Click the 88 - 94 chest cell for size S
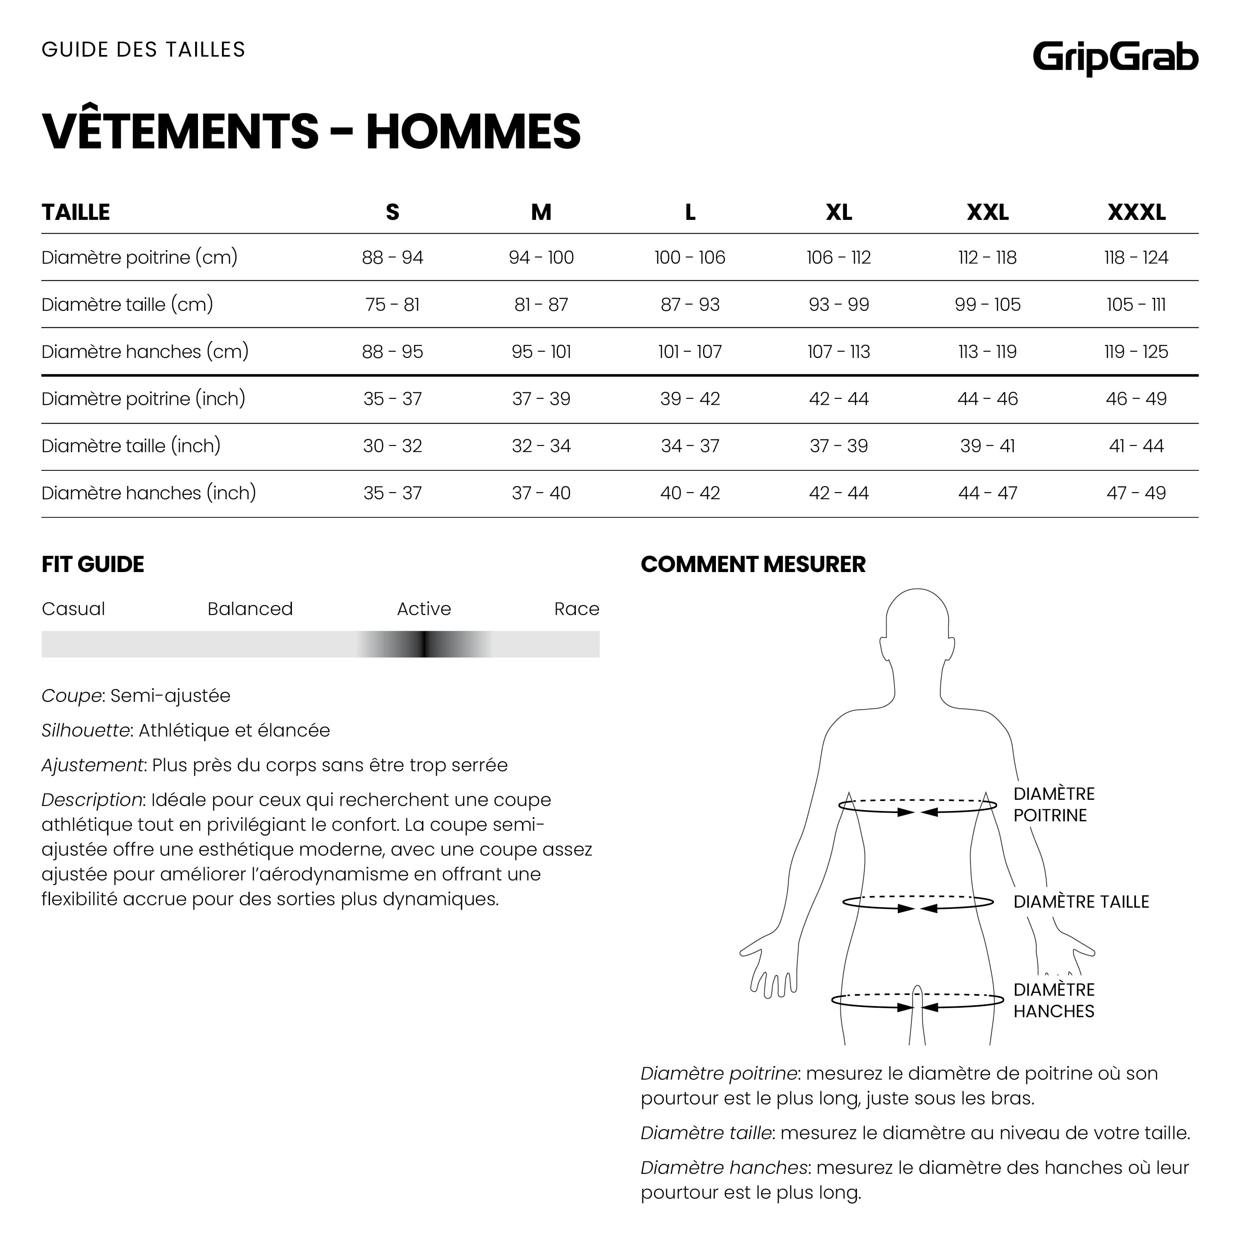tap(392, 258)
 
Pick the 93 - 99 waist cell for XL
tap(839, 304)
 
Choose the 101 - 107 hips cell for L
tap(690, 352)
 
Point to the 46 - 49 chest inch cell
tap(1136, 398)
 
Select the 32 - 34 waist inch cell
tap(541, 446)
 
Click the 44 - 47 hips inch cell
tap(987, 493)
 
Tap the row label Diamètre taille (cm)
tap(127, 304)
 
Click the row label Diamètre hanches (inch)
tap(148, 493)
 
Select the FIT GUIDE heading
tap(93, 564)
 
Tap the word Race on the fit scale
tap(576, 608)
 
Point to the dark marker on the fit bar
tap(424, 644)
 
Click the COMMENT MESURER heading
tap(753, 564)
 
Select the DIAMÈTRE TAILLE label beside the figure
tap(1081, 902)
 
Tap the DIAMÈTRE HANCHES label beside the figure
tap(1053, 1000)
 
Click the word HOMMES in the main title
tap(473, 131)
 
